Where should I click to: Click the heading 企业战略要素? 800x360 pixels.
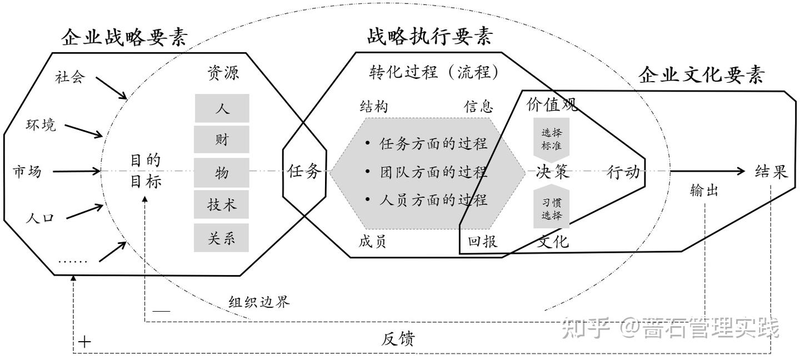124,38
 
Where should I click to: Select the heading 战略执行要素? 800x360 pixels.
429,37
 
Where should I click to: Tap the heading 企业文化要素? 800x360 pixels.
701,75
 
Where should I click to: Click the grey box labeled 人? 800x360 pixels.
222,108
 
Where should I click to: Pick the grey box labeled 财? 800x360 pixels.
222,139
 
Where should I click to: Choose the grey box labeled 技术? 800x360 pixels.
222,205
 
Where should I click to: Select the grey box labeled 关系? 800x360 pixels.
222,238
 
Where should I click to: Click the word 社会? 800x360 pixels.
70,77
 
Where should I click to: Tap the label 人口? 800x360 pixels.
40,218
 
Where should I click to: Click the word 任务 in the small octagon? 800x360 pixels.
304,172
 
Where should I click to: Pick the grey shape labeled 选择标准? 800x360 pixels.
551,139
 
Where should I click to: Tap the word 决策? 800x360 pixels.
553,172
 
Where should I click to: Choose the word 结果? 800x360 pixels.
771,172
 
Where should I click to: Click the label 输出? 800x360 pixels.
704,191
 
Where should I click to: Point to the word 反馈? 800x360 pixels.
398,338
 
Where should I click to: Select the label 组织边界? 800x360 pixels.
259,302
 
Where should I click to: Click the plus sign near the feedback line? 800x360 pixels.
84,341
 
